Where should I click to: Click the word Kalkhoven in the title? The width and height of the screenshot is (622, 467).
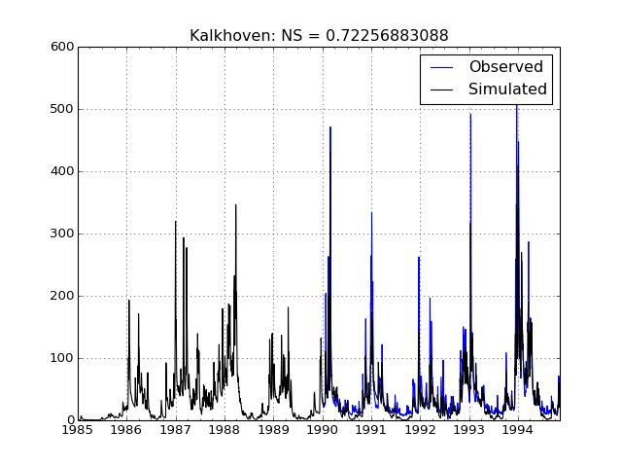(225, 36)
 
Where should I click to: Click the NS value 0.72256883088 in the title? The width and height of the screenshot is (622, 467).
(387, 36)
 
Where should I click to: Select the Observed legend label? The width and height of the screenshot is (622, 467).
(505, 67)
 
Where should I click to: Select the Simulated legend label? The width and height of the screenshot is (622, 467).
(507, 90)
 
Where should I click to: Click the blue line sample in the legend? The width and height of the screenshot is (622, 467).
(441, 67)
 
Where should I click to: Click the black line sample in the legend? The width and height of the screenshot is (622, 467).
(441, 90)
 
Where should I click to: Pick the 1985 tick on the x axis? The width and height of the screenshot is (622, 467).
(78, 430)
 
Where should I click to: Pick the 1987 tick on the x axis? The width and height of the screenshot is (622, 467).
(176, 430)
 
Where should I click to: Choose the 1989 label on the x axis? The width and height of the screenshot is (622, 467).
(274, 430)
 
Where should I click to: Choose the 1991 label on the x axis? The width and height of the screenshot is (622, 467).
(372, 430)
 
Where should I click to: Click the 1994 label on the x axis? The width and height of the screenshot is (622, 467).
(519, 430)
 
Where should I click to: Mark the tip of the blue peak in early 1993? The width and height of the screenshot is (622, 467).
(470, 114)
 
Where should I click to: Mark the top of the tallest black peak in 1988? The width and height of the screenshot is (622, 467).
(235, 204)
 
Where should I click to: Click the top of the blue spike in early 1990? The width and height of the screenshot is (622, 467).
(329, 127)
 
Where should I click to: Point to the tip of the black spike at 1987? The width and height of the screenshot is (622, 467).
(176, 221)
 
